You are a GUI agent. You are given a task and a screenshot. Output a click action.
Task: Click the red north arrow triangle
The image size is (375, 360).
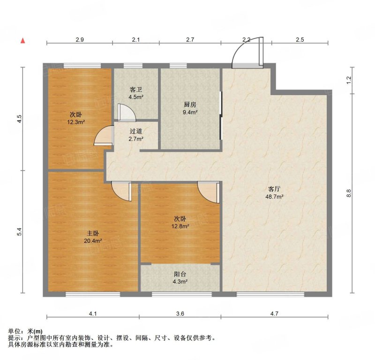23,41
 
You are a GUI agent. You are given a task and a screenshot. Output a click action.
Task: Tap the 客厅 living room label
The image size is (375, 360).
274,189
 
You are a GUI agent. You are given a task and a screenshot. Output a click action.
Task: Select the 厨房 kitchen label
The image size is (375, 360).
190,105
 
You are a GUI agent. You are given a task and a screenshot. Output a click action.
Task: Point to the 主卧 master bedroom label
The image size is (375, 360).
93,233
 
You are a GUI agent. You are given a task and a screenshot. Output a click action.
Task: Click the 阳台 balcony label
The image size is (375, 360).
180,274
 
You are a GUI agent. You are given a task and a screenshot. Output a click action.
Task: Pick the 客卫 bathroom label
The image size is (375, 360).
136,90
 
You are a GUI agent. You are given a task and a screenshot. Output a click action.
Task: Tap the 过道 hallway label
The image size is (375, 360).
136,131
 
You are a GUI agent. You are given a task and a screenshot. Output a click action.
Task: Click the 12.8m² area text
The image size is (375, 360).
180,226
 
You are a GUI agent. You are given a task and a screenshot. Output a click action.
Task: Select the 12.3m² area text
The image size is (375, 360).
76,122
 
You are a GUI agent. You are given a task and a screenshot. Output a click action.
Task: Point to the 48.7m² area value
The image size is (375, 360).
274,197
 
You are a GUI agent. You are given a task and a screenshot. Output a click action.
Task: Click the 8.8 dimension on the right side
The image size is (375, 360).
348,193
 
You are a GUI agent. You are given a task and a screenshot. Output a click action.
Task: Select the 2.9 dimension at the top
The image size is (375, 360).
80,40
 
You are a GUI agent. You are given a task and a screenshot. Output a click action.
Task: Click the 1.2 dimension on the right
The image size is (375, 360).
348,80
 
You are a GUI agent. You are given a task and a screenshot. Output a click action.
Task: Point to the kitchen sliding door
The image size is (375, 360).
221,115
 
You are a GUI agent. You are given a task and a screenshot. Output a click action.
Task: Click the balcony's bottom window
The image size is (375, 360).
182,294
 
